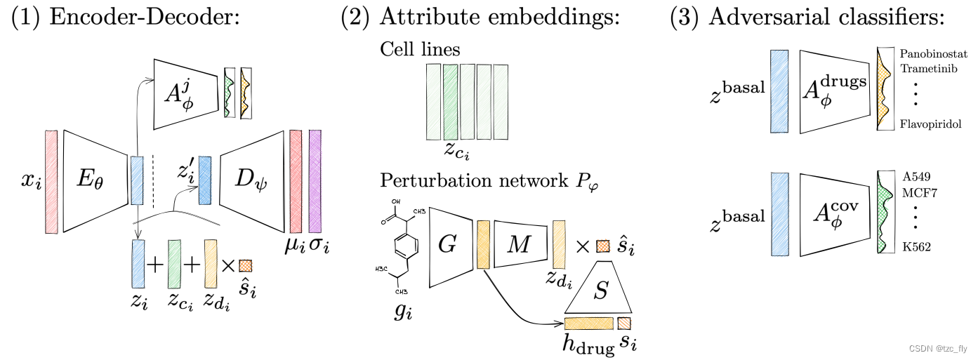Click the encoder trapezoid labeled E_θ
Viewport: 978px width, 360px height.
[x=94, y=181]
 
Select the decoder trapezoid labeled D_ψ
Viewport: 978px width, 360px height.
[x=249, y=181]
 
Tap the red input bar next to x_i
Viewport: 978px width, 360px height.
[x=51, y=181]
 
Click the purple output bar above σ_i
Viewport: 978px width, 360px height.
[x=315, y=181]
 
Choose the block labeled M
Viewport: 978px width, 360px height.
[x=519, y=243]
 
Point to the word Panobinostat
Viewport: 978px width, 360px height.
[x=933, y=55]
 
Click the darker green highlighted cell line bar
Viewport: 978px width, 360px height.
[x=450, y=102]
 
